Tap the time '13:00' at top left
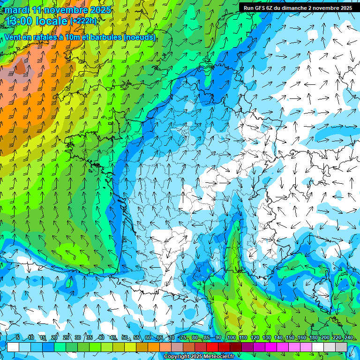click(19, 21)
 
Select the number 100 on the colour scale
click(231, 337)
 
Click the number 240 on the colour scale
click(349, 337)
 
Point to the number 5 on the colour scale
click(18, 337)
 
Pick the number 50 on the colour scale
click(125, 337)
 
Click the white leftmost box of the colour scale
click(13, 347)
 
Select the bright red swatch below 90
click(212, 347)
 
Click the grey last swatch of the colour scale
click(341, 347)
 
